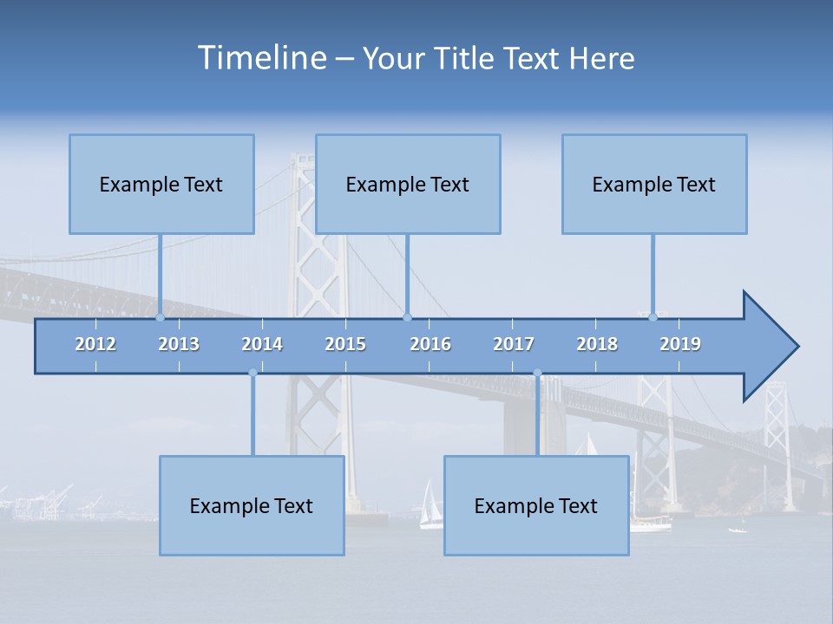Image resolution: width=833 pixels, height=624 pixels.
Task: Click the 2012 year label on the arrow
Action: point(95,344)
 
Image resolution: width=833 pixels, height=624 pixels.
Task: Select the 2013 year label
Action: point(179,344)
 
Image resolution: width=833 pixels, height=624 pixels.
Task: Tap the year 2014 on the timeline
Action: point(262,344)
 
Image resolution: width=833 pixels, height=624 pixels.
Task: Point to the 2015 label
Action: point(345,344)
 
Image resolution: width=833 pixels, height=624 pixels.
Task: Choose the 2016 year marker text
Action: point(430,344)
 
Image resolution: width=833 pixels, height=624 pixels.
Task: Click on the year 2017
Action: point(514,344)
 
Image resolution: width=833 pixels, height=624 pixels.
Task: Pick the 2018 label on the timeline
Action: point(597,344)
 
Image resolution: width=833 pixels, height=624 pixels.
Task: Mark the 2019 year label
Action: point(680,344)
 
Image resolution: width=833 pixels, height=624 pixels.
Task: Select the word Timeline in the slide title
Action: point(261,58)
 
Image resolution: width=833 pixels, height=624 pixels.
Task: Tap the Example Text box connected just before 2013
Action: point(161,184)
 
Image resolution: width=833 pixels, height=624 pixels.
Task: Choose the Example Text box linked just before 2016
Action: point(408,184)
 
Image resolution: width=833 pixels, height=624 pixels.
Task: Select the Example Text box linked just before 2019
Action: point(654,184)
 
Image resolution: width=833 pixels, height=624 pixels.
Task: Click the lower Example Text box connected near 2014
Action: point(252,505)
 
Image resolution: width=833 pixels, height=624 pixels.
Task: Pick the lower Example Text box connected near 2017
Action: point(536,505)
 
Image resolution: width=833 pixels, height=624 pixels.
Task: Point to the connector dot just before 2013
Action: point(160,317)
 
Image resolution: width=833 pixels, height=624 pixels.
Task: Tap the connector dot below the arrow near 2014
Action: point(253,373)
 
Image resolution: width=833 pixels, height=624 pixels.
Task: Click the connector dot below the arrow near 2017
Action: point(537,373)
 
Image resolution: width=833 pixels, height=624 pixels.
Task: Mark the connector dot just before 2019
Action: point(653,317)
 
